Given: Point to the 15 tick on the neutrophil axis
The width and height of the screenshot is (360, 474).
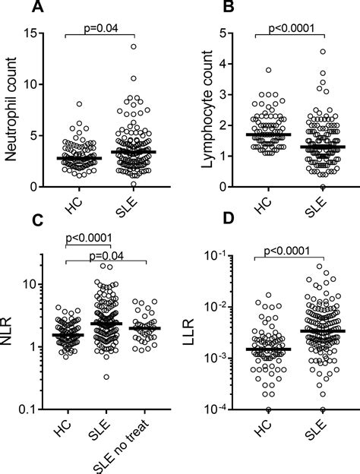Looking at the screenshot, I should click(31, 33).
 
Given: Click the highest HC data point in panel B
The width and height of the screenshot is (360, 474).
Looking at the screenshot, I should click(268, 70).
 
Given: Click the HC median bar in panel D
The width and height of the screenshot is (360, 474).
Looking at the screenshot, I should click(268, 349).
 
